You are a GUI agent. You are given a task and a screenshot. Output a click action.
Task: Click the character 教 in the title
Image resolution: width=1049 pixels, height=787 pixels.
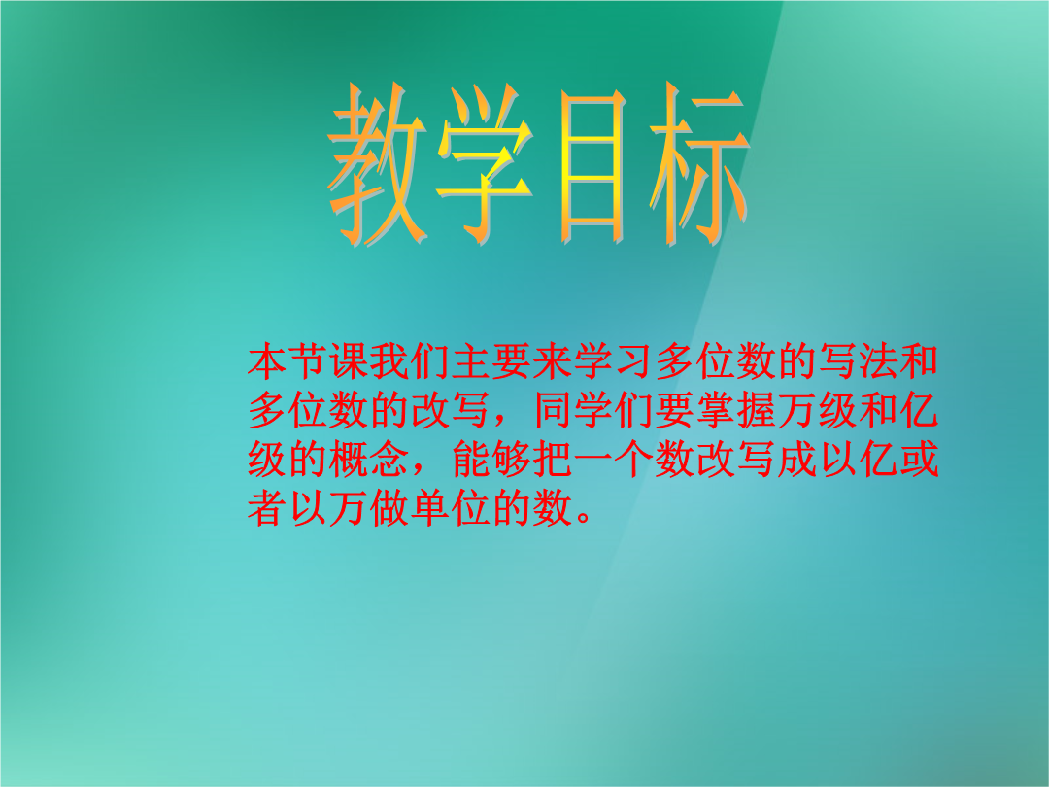[x=378, y=164]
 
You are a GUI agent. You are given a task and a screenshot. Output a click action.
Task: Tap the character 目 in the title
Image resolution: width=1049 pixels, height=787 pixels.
[x=592, y=165]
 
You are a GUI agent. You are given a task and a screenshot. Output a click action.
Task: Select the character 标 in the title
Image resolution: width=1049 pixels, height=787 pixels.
[x=699, y=164]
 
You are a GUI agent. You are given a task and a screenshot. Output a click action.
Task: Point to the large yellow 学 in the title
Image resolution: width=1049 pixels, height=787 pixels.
[x=485, y=164]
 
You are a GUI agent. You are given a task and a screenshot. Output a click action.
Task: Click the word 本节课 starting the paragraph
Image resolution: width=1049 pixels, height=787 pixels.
[x=308, y=360]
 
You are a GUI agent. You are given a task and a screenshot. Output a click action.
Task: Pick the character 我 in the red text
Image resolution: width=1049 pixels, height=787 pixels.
[x=389, y=360]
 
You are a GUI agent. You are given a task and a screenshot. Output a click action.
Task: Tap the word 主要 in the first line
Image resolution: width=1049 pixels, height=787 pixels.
[x=491, y=360]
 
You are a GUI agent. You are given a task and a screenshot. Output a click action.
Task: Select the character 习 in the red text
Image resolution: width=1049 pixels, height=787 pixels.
[x=634, y=360]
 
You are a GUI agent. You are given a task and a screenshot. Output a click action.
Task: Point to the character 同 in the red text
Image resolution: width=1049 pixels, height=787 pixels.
[x=553, y=410]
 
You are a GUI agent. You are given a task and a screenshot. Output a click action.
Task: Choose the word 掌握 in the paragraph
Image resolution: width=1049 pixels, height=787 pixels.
[x=736, y=410]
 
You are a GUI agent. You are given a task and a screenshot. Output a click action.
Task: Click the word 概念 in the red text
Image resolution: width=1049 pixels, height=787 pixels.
[x=369, y=459]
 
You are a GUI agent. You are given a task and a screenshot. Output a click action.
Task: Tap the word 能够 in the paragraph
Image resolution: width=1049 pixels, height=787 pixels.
[x=491, y=459]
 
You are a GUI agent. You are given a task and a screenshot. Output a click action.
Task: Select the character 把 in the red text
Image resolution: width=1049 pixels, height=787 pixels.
[x=553, y=459]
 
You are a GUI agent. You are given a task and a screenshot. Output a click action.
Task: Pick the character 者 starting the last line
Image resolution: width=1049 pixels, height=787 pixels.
[x=267, y=508]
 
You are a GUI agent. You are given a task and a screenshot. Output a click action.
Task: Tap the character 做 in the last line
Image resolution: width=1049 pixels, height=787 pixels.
[x=389, y=508]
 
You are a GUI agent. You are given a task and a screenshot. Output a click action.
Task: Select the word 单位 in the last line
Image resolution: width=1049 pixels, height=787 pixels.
[x=451, y=508]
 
